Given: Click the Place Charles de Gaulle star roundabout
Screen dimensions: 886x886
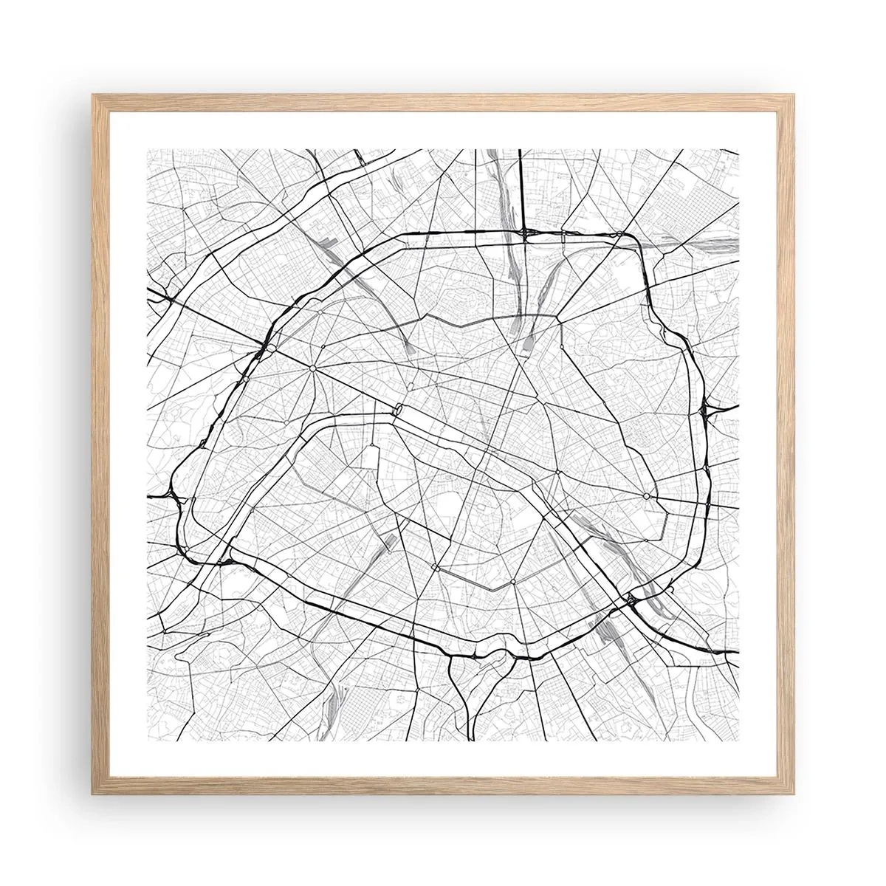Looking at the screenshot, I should point(313,367).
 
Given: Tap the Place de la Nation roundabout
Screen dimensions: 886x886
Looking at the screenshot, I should point(646,496).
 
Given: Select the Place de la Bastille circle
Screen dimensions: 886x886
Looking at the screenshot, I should point(558,471).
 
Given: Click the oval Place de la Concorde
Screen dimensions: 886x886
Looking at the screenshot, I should point(399,408).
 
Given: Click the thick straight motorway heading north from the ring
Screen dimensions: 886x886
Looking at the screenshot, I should point(521,192).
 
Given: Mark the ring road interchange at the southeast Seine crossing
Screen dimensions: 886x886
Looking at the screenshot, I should point(631,600).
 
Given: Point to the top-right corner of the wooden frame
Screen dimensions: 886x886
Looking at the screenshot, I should point(794,94).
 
